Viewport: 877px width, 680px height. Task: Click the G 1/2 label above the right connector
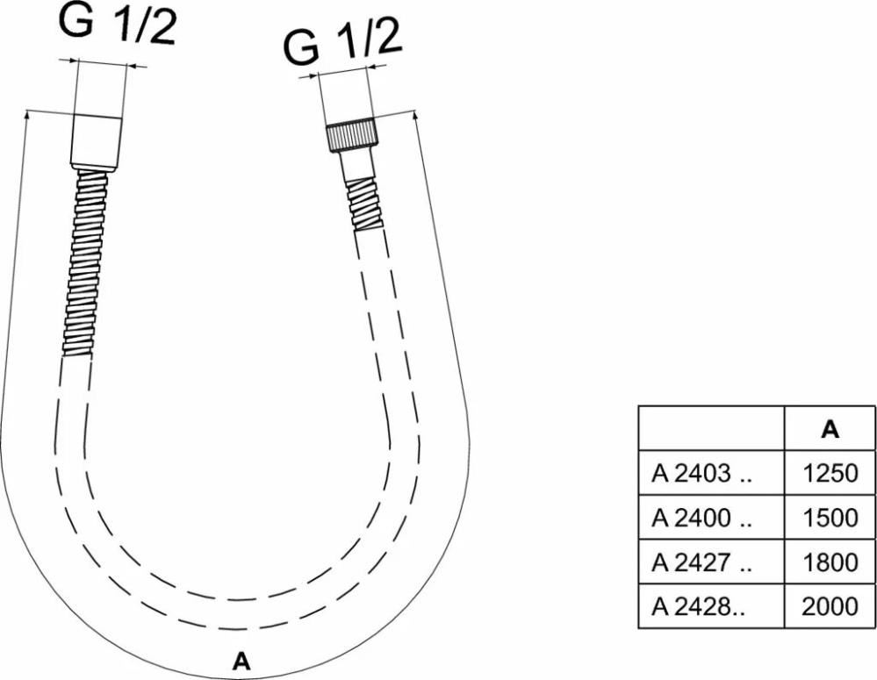(343, 41)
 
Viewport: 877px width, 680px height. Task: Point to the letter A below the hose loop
(241, 661)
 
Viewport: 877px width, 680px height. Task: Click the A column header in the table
(830, 429)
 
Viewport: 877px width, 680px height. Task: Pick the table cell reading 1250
(830, 473)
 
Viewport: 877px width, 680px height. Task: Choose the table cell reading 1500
(830, 518)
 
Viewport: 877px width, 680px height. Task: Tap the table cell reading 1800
(830, 562)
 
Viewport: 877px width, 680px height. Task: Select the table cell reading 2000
(830, 606)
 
